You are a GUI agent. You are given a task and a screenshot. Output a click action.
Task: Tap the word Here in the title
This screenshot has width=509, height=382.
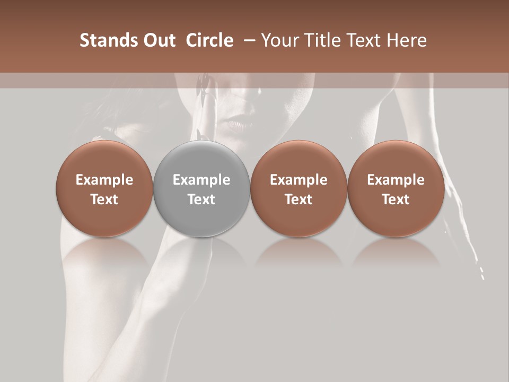point(406,40)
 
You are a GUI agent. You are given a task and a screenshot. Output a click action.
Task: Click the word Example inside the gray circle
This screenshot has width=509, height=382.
point(201,180)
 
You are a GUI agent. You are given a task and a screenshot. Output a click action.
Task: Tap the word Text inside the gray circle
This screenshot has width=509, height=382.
point(201,199)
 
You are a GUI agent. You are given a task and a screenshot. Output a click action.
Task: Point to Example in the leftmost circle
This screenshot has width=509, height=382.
point(104,180)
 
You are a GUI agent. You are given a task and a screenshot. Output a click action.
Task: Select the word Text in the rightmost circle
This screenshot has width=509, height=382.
point(396,199)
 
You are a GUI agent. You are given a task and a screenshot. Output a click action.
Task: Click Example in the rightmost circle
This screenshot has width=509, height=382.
point(396,180)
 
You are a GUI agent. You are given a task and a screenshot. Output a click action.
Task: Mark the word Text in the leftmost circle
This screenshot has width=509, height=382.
point(104,199)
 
